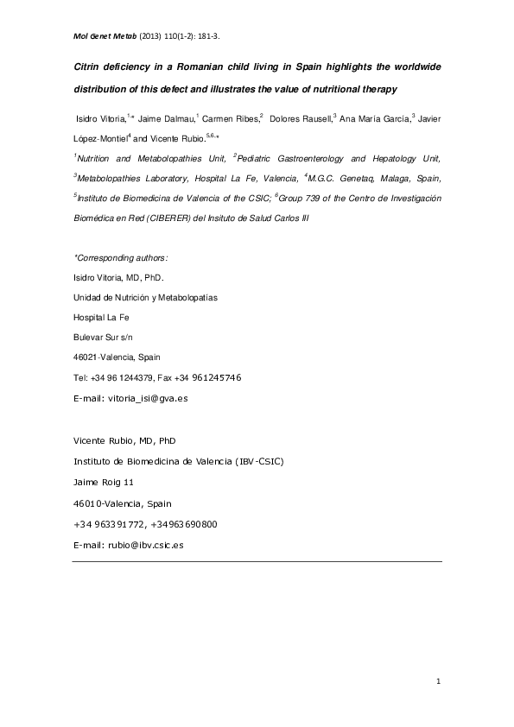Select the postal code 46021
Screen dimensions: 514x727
85,357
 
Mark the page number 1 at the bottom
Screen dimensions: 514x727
439,683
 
